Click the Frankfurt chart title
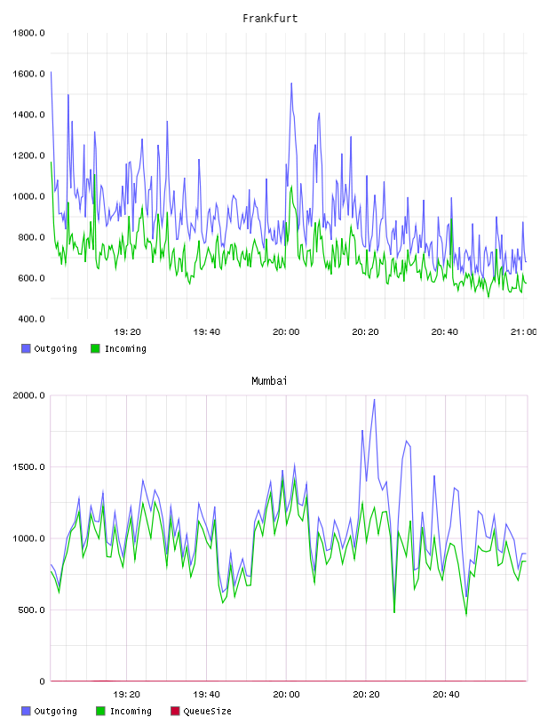pos(270,19)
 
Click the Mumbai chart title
pos(269,381)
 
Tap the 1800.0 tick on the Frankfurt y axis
pos(28,33)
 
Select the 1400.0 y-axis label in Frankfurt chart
pos(28,115)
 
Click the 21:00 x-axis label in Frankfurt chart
pos(524,332)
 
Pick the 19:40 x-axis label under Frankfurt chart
pos(207,332)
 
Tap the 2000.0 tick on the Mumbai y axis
pos(28,395)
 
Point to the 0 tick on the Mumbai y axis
pos(42,681)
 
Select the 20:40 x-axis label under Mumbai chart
pos(446,695)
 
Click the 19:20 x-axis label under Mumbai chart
pos(127,695)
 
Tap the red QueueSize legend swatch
pos(175,711)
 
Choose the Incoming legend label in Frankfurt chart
pos(125,348)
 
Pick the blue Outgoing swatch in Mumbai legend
pos(26,711)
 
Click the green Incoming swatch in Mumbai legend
pos(100,711)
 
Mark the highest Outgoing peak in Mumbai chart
pos(374,400)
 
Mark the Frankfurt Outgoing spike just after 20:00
pos(291,84)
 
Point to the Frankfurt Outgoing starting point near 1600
pos(51,72)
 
